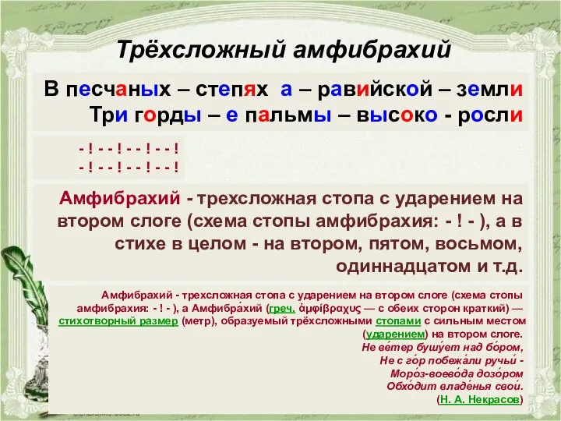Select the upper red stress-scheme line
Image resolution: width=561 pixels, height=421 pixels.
coord(129,147)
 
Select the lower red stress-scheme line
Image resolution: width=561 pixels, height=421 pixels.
coord(129,165)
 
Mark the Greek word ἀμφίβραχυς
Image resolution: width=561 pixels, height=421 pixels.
coord(339,308)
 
